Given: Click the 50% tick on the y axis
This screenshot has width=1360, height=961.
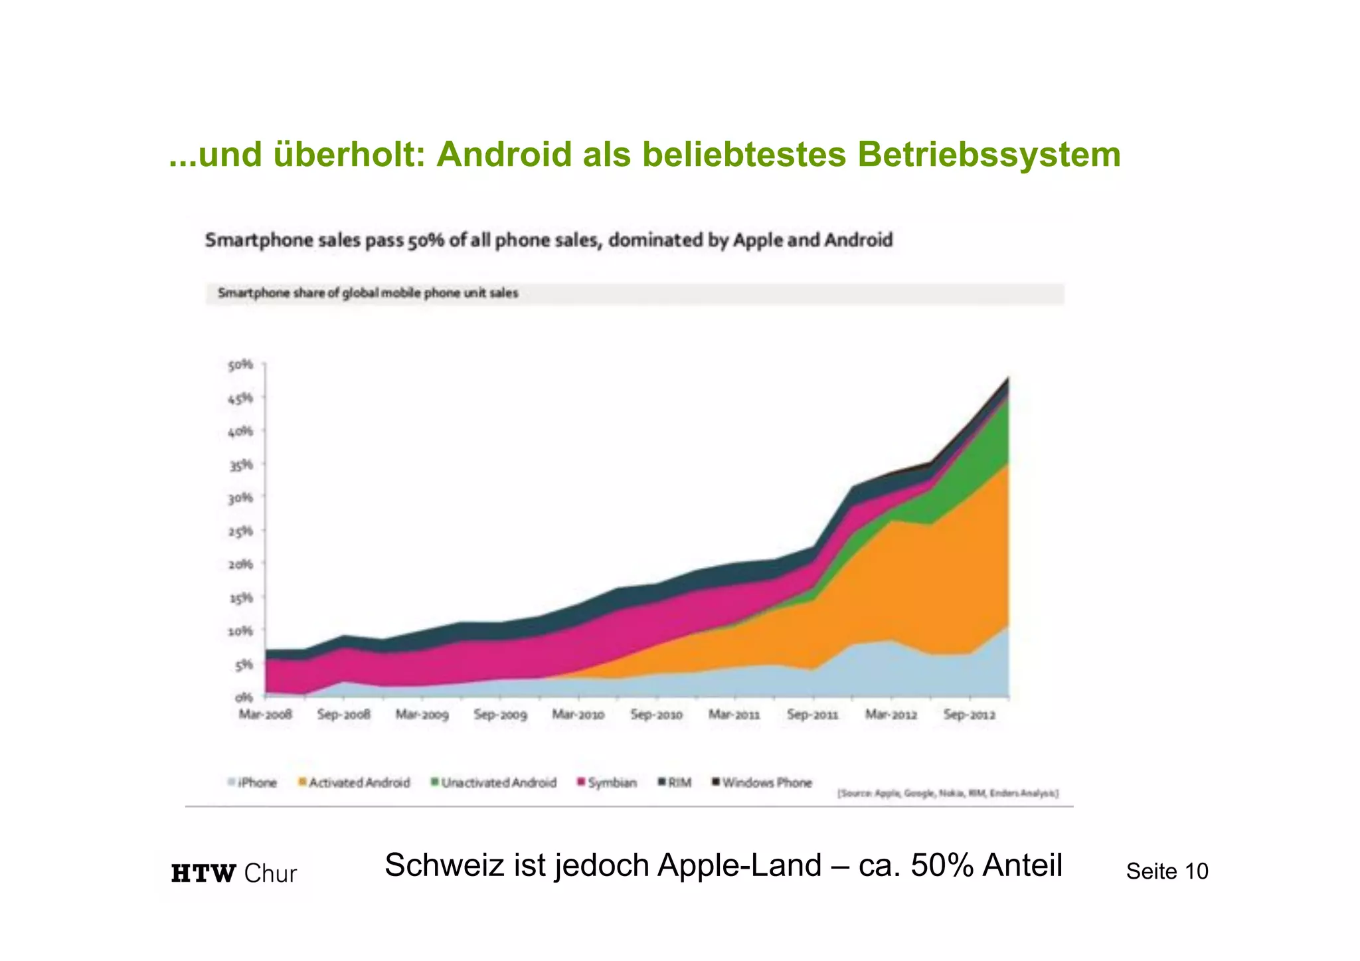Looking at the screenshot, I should click(x=241, y=365).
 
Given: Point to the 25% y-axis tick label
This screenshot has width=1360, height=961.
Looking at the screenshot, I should click(x=241, y=531).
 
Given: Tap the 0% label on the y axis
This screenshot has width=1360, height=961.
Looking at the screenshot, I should click(x=244, y=697).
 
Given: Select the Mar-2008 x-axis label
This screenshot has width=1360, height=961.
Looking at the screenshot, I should click(x=265, y=715).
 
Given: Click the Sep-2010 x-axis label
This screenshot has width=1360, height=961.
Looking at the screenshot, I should click(x=656, y=715).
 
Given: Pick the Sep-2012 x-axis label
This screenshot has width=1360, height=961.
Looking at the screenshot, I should click(x=970, y=715).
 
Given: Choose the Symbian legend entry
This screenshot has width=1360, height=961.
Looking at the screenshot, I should click(x=607, y=783).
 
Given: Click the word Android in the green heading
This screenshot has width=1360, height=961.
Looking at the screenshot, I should click(x=504, y=155).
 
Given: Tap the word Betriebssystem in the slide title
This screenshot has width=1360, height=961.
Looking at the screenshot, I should click(x=989, y=155).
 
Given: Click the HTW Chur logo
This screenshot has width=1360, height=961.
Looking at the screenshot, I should click(x=234, y=873).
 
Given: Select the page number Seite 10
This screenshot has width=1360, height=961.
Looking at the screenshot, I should click(x=1167, y=871).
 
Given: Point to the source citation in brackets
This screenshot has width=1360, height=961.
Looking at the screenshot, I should click(x=948, y=793).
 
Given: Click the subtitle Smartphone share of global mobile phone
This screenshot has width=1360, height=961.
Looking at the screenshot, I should click(x=368, y=293).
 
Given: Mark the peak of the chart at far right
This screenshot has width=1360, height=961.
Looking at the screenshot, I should click(x=1008, y=378).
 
